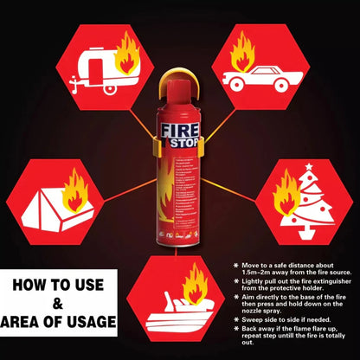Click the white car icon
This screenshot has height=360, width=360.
257,80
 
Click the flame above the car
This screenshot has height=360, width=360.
241,52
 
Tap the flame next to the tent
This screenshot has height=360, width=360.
76,191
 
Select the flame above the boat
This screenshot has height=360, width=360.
195,285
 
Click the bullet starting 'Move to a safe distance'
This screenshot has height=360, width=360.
291,270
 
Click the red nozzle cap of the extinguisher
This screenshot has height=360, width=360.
179,88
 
